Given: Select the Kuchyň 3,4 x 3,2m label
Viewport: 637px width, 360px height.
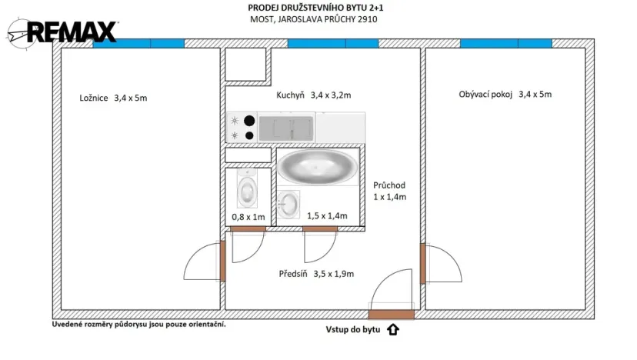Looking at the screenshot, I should (313, 96).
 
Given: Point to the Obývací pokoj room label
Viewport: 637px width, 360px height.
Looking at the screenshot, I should (505, 95).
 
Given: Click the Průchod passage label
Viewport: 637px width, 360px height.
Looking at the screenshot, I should (389, 191).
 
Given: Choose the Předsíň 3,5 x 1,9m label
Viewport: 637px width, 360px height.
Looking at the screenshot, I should (315, 273).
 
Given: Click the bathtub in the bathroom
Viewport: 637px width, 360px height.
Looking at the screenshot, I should (317, 166).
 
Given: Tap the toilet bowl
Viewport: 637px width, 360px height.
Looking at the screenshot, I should (247, 190).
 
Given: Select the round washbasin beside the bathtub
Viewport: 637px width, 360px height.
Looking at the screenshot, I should (288, 204).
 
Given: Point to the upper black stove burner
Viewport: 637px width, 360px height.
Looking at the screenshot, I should (249, 120).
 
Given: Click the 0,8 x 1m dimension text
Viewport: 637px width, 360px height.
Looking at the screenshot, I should (248, 218).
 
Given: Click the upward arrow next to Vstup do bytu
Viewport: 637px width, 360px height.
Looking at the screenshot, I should (392, 331).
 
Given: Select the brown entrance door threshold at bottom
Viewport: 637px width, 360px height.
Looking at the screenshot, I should (391, 314).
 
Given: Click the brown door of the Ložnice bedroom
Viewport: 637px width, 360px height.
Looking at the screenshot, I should (222, 262).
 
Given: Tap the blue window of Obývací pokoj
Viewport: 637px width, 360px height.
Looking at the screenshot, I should (505, 44).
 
